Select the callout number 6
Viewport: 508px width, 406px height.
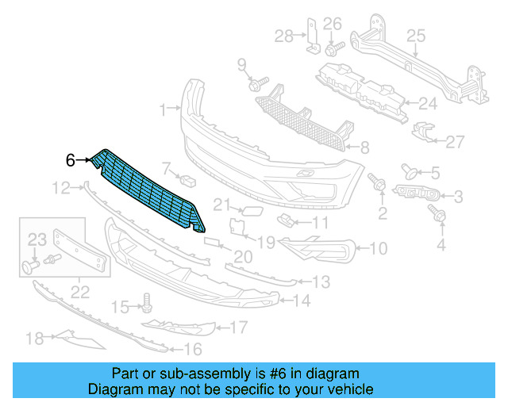click(x=71, y=160)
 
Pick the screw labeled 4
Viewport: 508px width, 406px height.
click(x=436, y=212)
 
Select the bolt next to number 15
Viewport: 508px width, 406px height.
click(x=146, y=301)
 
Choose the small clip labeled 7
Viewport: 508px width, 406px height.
click(x=189, y=179)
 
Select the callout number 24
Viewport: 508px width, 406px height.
click(x=428, y=103)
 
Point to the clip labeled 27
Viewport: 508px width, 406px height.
click(x=425, y=135)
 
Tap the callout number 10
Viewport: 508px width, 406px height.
click(x=377, y=249)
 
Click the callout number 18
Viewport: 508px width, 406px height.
click(x=34, y=339)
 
